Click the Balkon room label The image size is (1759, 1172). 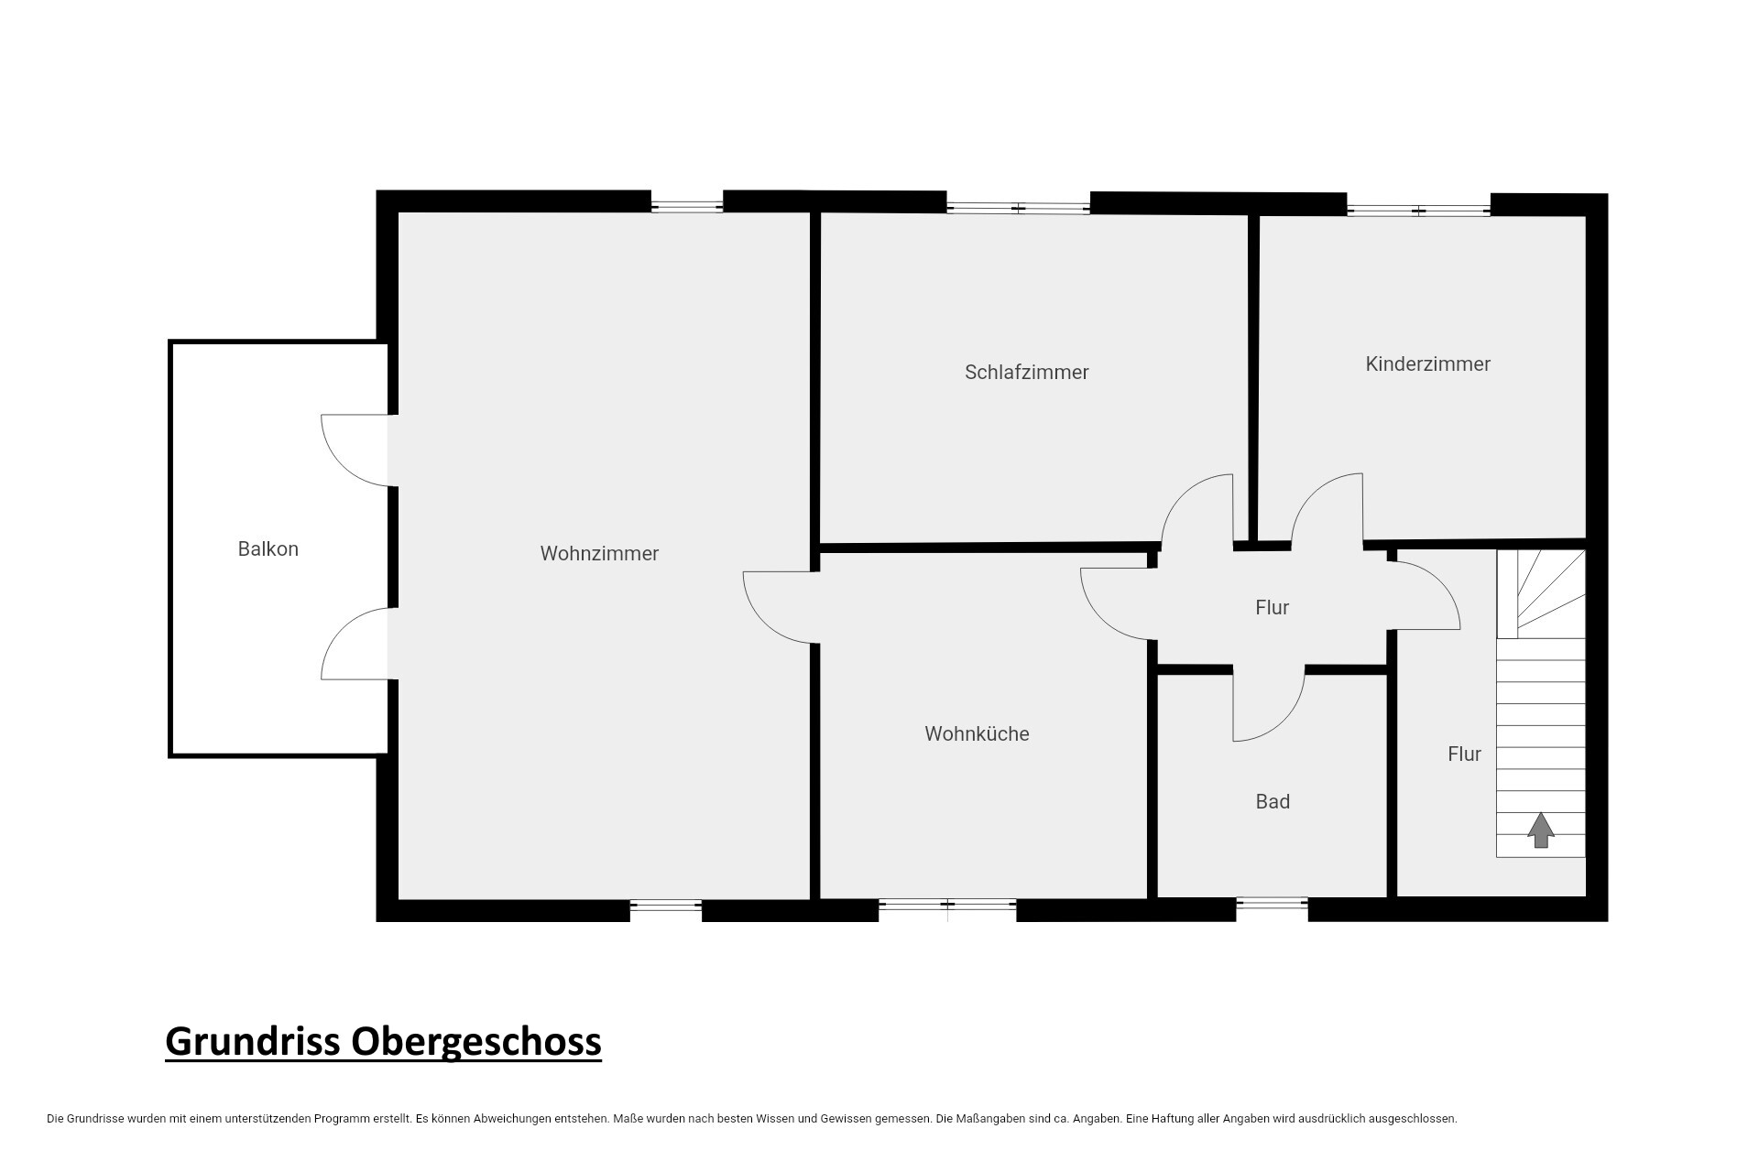click(268, 549)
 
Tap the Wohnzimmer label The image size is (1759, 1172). click(599, 554)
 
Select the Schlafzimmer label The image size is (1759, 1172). click(1026, 373)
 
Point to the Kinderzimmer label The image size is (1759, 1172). click(1427, 364)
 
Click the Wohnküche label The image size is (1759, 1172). click(977, 734)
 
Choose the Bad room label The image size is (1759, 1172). click(1273, 802)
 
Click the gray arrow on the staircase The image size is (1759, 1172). click(1541, 830)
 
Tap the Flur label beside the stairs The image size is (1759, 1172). click(1464, 754)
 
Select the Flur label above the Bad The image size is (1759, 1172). click(1272, 608)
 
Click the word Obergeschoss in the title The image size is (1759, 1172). click(477, 1042)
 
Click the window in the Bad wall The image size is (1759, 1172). click(1272, 904)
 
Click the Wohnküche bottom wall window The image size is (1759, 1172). click(947, 906)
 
